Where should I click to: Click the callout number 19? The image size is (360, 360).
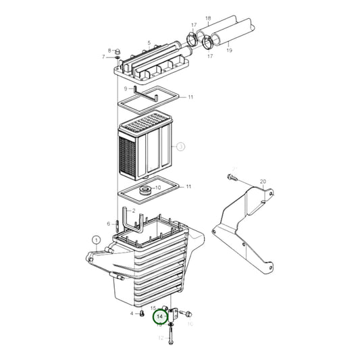pyautogui.click(x=229, y=49)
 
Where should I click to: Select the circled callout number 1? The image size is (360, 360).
pyautogui.click(x=96, y=240)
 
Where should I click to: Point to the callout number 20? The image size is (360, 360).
pyautogui.click(x=263, y=182)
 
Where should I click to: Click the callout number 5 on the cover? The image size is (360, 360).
pyautogui.click(x=148, y=42)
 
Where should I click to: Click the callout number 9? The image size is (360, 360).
pyautogui.click(x=126, y=88)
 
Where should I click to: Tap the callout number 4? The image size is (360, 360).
pyautogui.click(x=132, y=314)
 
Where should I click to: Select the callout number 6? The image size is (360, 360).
pyautogui.click(x=108, y=224)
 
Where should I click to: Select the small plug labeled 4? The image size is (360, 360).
pyautogui.click(x=143, y=314)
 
